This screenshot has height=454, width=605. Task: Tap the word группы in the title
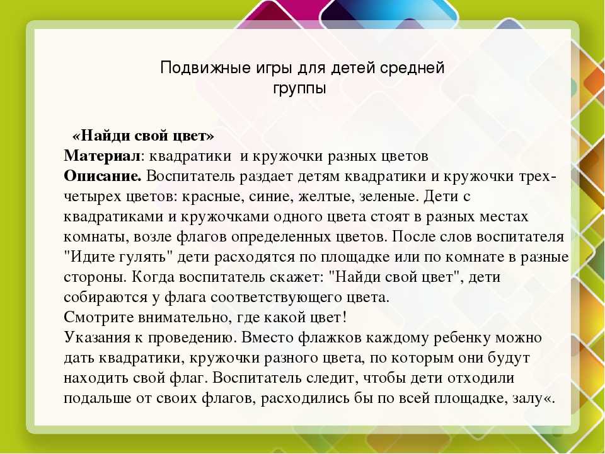pyautogui.click(x=299, y=89)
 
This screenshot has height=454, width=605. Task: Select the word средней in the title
pyautogui.click(x=412, y=68)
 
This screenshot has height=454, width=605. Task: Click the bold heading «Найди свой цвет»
pyautogui.click(x=143, y=136)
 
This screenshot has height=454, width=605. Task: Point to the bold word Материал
pyautogui.click(x=102, y=156)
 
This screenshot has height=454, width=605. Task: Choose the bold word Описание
pyautogui.click(x=103, y=177)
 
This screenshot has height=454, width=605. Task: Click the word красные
pyautogui.click(x=213, y=197)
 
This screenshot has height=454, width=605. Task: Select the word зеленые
pyautogui.click(x=389, y=197)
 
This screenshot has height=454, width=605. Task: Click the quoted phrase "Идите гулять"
pyautogui.click(x=118, y=257)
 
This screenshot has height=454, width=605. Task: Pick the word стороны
pyautogui.click(x=95, y=277)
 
